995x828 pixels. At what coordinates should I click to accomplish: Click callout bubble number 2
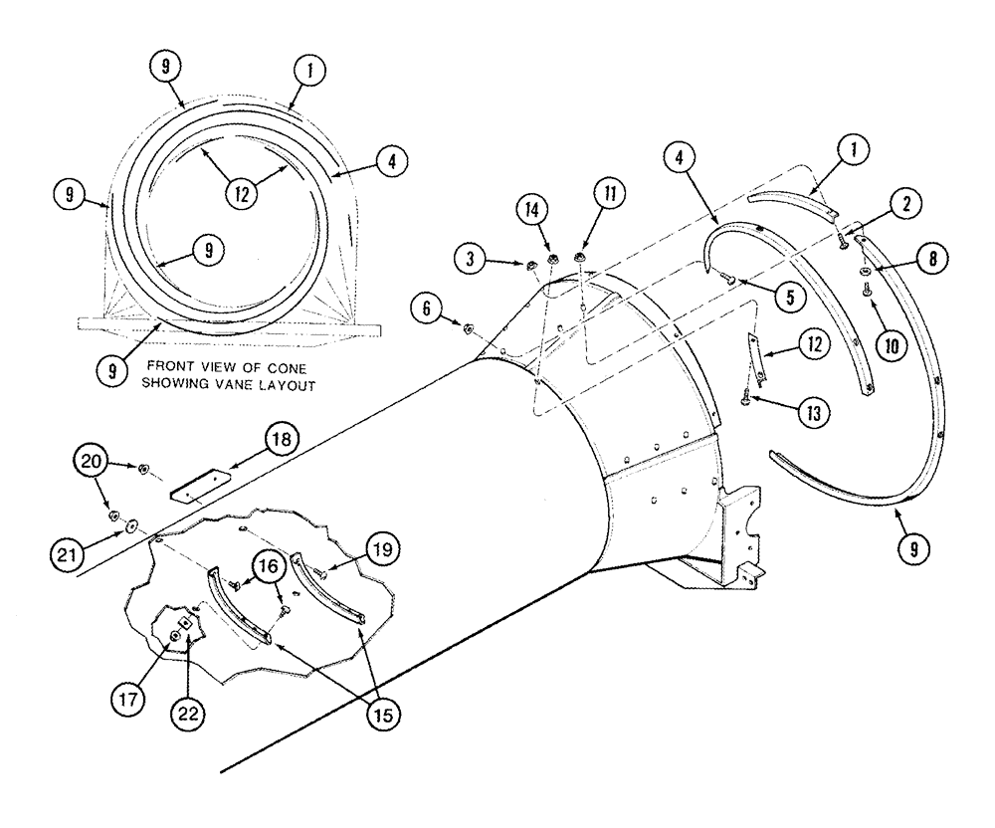(x=903, y=204)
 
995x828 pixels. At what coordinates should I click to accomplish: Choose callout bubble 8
(x=931, y=261)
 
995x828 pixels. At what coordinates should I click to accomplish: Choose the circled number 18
(x=282, y=439)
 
